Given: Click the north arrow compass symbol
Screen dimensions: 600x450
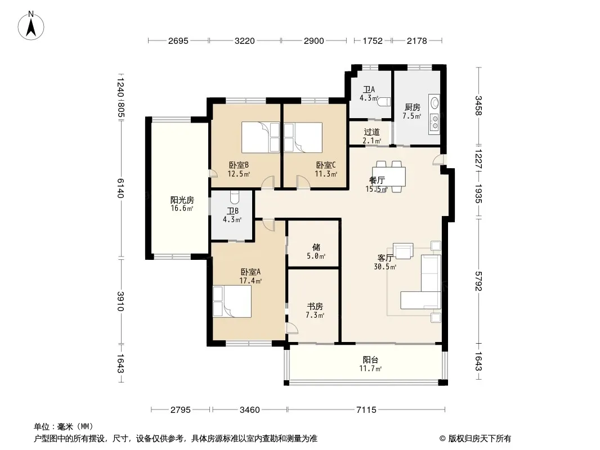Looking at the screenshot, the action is click(31, 26).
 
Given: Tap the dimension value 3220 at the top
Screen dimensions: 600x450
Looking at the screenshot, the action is click(244, 41).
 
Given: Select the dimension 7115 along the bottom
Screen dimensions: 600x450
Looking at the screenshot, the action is click(366, 410).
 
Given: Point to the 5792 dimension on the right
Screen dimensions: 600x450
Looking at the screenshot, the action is click(478, 281).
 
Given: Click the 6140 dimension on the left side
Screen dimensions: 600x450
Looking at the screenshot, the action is click(120, 188).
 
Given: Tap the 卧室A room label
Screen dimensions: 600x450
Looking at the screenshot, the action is click(250, 272).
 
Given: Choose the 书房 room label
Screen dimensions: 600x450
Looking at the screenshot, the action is click(315, 306).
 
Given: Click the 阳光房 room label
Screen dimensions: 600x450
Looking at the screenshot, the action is click(182, 200).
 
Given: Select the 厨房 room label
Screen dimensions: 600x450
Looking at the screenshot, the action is click(412, 107).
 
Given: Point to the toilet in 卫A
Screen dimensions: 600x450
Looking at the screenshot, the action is click(384, 102).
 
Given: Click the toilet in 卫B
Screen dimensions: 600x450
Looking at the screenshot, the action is click(235, 197).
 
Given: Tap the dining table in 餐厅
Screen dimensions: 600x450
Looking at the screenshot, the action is click(389, 176).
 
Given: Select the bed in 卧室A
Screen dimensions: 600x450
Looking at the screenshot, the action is click(232, 301).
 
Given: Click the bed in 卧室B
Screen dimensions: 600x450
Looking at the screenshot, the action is click(261, 137).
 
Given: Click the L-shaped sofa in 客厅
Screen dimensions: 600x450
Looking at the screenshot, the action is click(422, 282).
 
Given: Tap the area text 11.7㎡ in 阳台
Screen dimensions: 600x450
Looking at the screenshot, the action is click(370, 368).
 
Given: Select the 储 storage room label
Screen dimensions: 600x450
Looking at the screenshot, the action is click(316, 247).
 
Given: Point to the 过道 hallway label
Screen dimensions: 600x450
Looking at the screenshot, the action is click(371, 132).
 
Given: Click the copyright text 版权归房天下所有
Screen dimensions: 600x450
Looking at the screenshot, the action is click(480, 439).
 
